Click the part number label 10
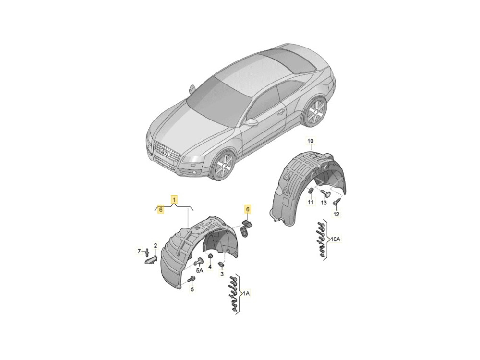click(311, 141)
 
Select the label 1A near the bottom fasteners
click(247, 294)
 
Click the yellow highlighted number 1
click(174, 200)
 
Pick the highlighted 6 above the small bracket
click(247, 209)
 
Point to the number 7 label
click(139, 251)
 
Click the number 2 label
click(156, 245)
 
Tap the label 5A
click(200, 270)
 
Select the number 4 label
click(210, 267)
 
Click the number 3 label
click(222, 274)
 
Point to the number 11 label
click(311, 202)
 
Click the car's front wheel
click(224, 167)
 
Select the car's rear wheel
click(315, 112)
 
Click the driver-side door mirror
click(252, 122)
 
